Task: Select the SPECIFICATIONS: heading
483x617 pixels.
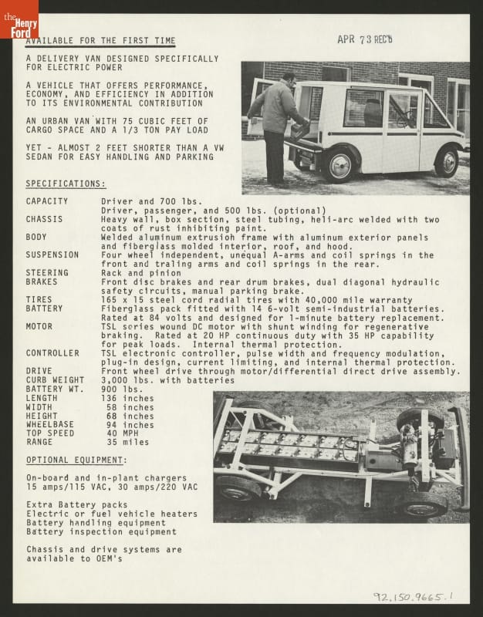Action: coord(66,184)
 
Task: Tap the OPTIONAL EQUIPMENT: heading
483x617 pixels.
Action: coord(76,460)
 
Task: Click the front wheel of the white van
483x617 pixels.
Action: coord(446,162)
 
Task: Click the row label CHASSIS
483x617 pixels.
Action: coord(44,219)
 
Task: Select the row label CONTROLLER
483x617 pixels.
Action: coord(52,353)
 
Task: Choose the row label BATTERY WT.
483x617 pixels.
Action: coord(55,389)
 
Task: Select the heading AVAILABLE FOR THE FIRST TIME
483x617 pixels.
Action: coord(100,41)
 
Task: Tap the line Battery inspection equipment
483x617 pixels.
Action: coord(101,531)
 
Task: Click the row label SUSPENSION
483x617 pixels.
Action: coord(52,255)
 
